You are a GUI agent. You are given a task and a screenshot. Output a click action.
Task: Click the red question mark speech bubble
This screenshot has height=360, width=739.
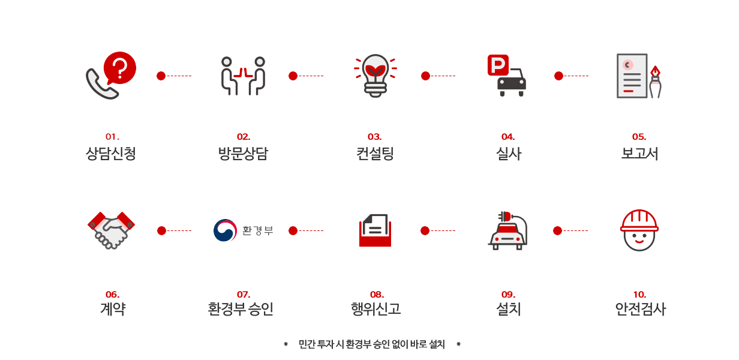point(120,68)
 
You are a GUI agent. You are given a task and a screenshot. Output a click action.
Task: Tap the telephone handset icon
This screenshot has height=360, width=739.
point(100,85)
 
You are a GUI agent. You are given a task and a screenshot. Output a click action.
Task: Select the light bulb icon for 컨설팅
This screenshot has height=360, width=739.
point(375,76)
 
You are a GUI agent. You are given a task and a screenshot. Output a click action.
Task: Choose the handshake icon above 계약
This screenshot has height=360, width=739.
point(112,230)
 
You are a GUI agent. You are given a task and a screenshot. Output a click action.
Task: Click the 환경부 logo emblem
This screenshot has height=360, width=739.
point(225,230)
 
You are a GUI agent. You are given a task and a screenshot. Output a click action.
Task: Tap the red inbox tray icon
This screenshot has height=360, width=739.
point(375,231)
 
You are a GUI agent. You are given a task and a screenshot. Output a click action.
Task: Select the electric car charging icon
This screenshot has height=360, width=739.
point(507,230)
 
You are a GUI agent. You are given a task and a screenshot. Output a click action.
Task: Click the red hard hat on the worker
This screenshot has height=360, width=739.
point(639,220)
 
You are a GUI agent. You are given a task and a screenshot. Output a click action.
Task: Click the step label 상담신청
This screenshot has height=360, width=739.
point(111,154)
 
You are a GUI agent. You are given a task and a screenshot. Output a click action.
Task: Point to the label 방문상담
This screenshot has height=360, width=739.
point(243,154)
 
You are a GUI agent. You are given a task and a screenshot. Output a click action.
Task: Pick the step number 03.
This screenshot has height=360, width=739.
point(375,137)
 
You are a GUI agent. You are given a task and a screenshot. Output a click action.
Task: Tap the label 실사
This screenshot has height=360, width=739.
point(508,154)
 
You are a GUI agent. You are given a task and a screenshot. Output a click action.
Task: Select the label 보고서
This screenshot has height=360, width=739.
point(639,154)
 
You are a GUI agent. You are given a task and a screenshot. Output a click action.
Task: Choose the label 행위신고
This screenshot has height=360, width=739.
point(375,309)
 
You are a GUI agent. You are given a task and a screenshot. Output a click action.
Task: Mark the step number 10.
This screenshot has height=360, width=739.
point(639,294)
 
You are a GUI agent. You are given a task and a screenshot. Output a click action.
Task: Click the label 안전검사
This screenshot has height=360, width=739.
point(640,309)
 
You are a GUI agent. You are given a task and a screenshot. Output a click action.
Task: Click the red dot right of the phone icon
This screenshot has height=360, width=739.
point(161,76)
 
